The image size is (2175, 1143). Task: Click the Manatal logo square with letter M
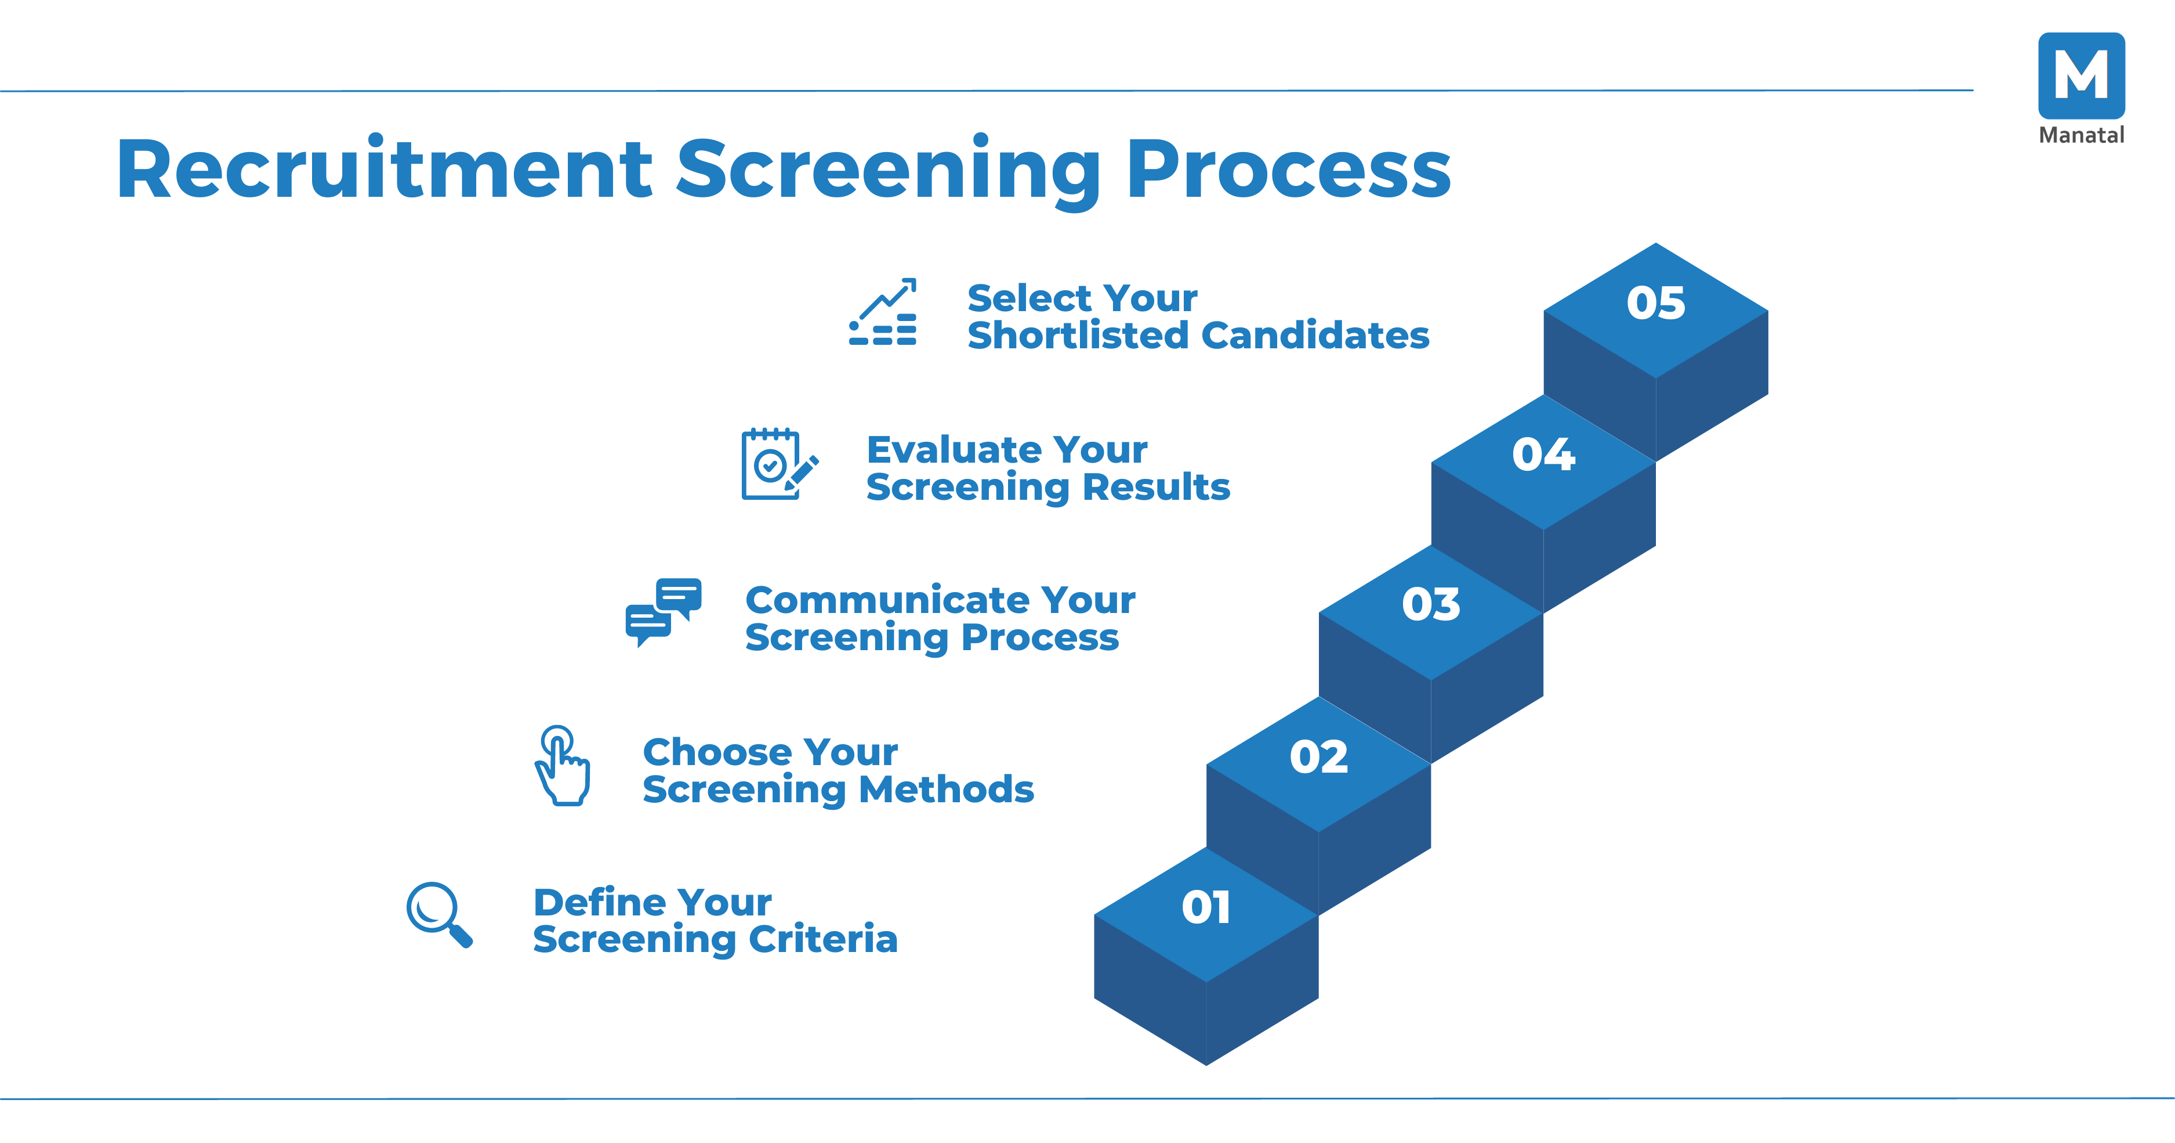tap(2080, 75)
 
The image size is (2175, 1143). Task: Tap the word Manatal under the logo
tap(2080, 135)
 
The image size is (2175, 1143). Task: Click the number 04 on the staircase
tap(1543, 455)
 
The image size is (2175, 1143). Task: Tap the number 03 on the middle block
tap(1430, 605)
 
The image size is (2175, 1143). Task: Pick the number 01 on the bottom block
tap(1206, 908)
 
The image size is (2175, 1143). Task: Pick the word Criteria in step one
tap(822, 939)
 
